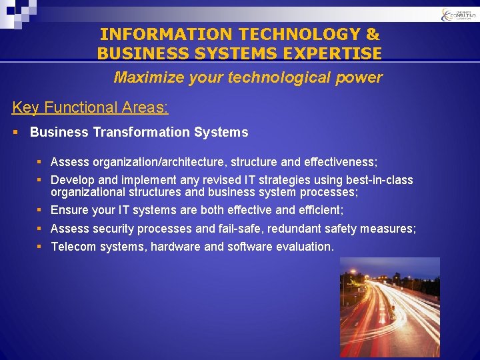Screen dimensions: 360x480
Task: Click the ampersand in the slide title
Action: tap(372, 34)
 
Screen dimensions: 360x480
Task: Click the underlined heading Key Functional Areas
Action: tap(90, 107)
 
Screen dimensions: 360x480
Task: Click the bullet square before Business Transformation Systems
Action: tap(16, 132)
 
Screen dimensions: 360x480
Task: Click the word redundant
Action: tap(295, 229)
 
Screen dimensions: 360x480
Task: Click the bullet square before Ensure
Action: tap(41, 210)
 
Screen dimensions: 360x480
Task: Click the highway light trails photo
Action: tap(389, 307)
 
